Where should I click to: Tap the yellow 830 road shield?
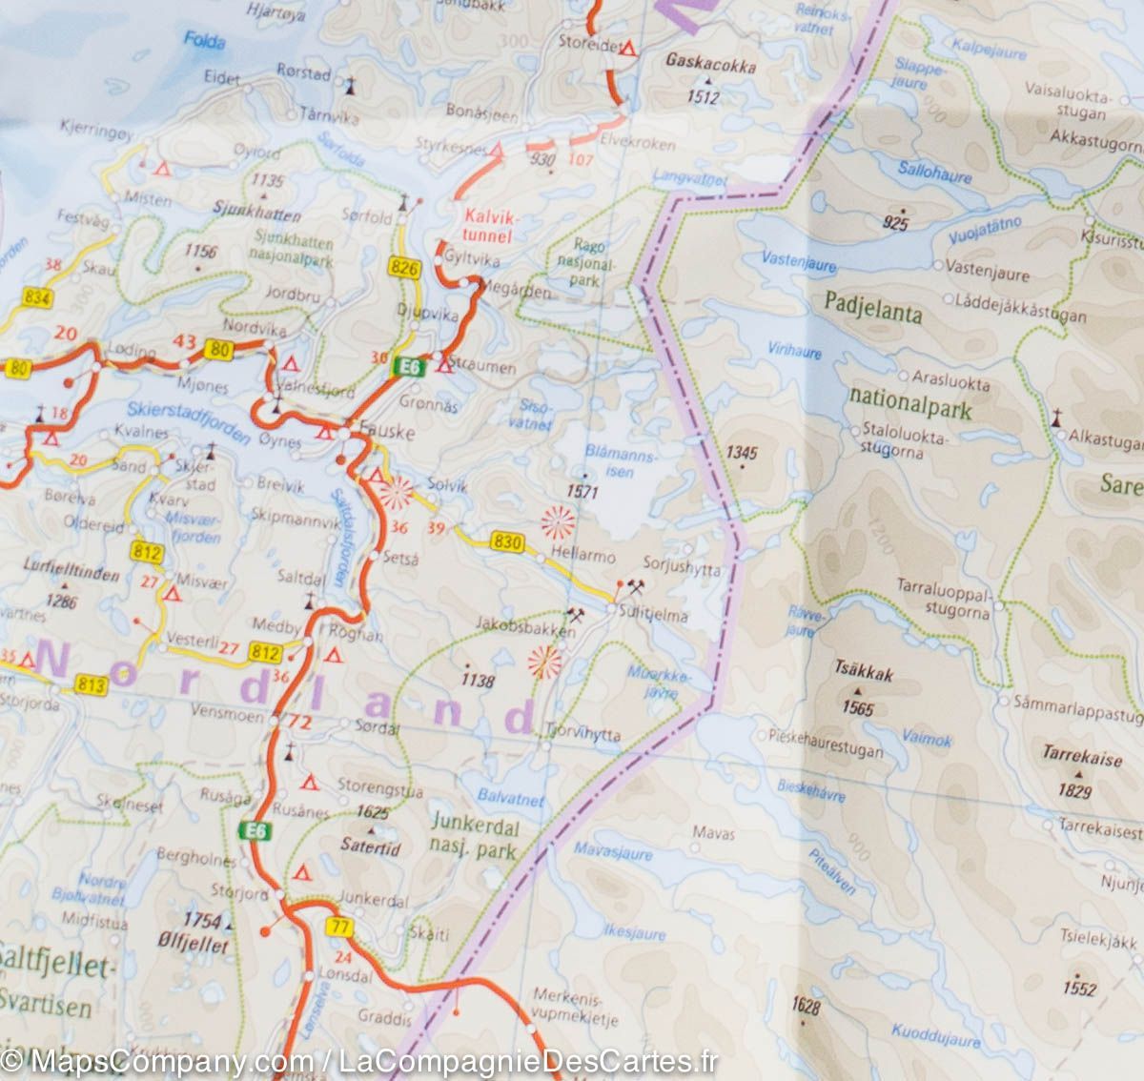509,542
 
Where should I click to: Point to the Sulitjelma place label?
653,615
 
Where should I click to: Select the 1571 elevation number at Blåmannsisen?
580,492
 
